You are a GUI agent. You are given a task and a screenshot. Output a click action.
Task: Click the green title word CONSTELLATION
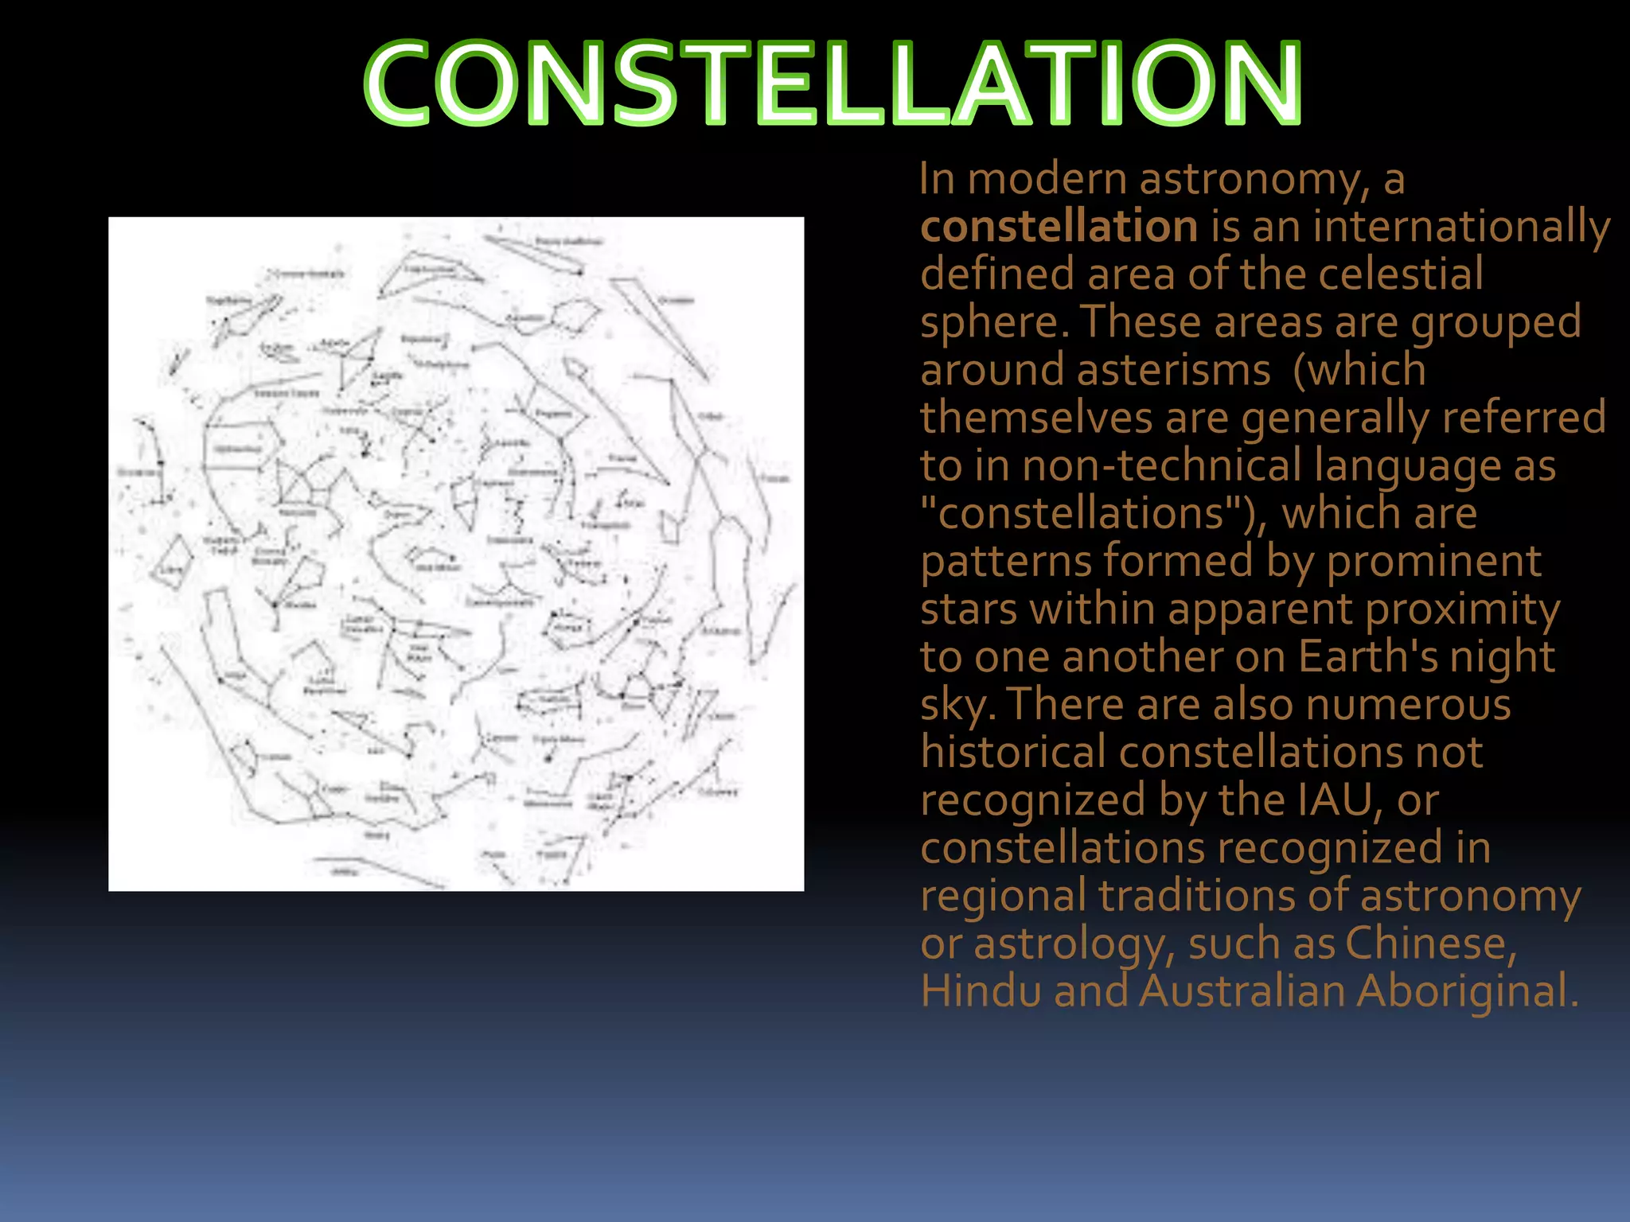tap(833, 84)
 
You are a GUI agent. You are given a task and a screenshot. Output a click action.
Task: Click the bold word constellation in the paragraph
tap(1059, 227)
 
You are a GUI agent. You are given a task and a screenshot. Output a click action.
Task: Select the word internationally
tap(1461, 227)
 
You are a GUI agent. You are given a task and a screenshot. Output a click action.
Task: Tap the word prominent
tap(1433, 562)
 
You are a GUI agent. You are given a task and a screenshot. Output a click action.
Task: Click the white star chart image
tap(456, 554)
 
